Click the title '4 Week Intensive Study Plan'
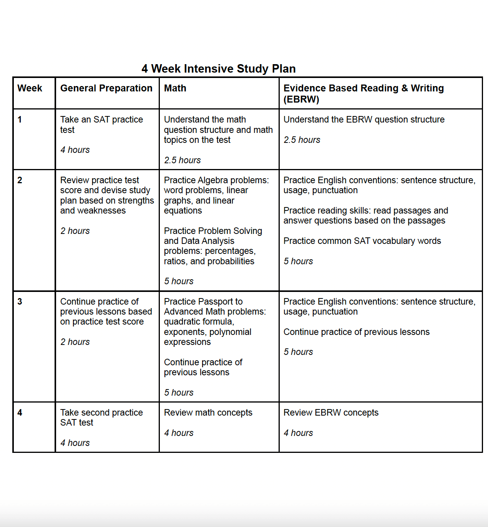pos(218,69)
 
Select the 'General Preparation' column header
pos(106,88)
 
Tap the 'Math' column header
pos(175,88)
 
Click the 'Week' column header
pos(30,88)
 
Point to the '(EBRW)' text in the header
pos(301,99)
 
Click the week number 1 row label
pos(20,119)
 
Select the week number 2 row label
pos(20,180)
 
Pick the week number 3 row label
pos(20,302)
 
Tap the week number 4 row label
pos(20,413)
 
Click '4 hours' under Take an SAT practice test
pos(75,150)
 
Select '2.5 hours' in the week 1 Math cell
pos(182,160)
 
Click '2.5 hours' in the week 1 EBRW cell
pos(302,140)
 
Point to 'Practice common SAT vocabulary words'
pos(362,241)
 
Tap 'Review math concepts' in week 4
pos(208,413)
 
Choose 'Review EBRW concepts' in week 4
pos(331,413)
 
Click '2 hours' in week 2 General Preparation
pos(75,231)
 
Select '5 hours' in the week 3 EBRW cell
pos(298,352)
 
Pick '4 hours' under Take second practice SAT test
pos(75,443)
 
